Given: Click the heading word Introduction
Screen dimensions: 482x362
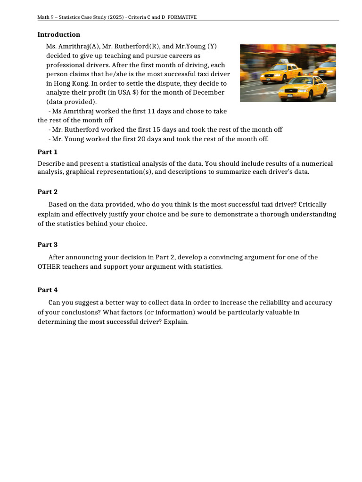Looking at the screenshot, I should pos(59,34).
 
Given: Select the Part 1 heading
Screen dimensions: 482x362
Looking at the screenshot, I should pos(48,152).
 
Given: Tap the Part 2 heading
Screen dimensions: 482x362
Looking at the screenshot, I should pos(48,192).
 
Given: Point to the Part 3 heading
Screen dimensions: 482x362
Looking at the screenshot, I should pos(48,244).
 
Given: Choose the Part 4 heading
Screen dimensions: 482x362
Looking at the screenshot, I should pos(48,289).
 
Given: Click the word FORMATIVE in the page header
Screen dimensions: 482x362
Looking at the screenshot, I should pos(182,17).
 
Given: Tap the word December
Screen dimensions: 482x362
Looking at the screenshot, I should pos(194,92).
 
